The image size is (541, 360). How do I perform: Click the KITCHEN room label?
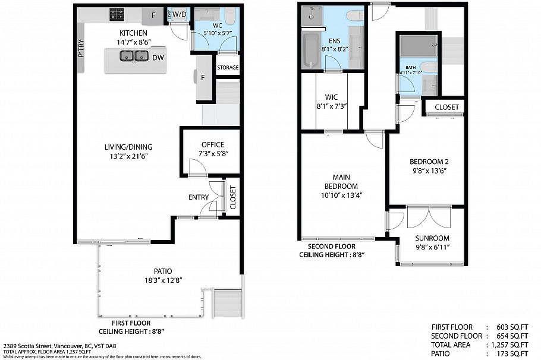(134, 33)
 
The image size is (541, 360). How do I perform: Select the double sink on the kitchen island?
(134, 56)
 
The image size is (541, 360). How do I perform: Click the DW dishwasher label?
(158, 58)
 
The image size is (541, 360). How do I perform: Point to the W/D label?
(180, 14)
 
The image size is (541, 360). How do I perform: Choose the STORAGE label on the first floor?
(227, 68)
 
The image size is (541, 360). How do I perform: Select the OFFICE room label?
(212, 144)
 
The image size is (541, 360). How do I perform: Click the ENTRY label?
(199, 197)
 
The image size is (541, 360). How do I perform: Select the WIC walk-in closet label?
(331, 97)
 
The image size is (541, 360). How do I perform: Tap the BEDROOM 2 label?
(428, 162)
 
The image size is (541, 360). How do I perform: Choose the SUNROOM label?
(432, 238)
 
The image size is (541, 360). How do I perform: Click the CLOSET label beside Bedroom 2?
(446, 107)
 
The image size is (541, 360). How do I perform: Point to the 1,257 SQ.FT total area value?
(508, 345)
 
